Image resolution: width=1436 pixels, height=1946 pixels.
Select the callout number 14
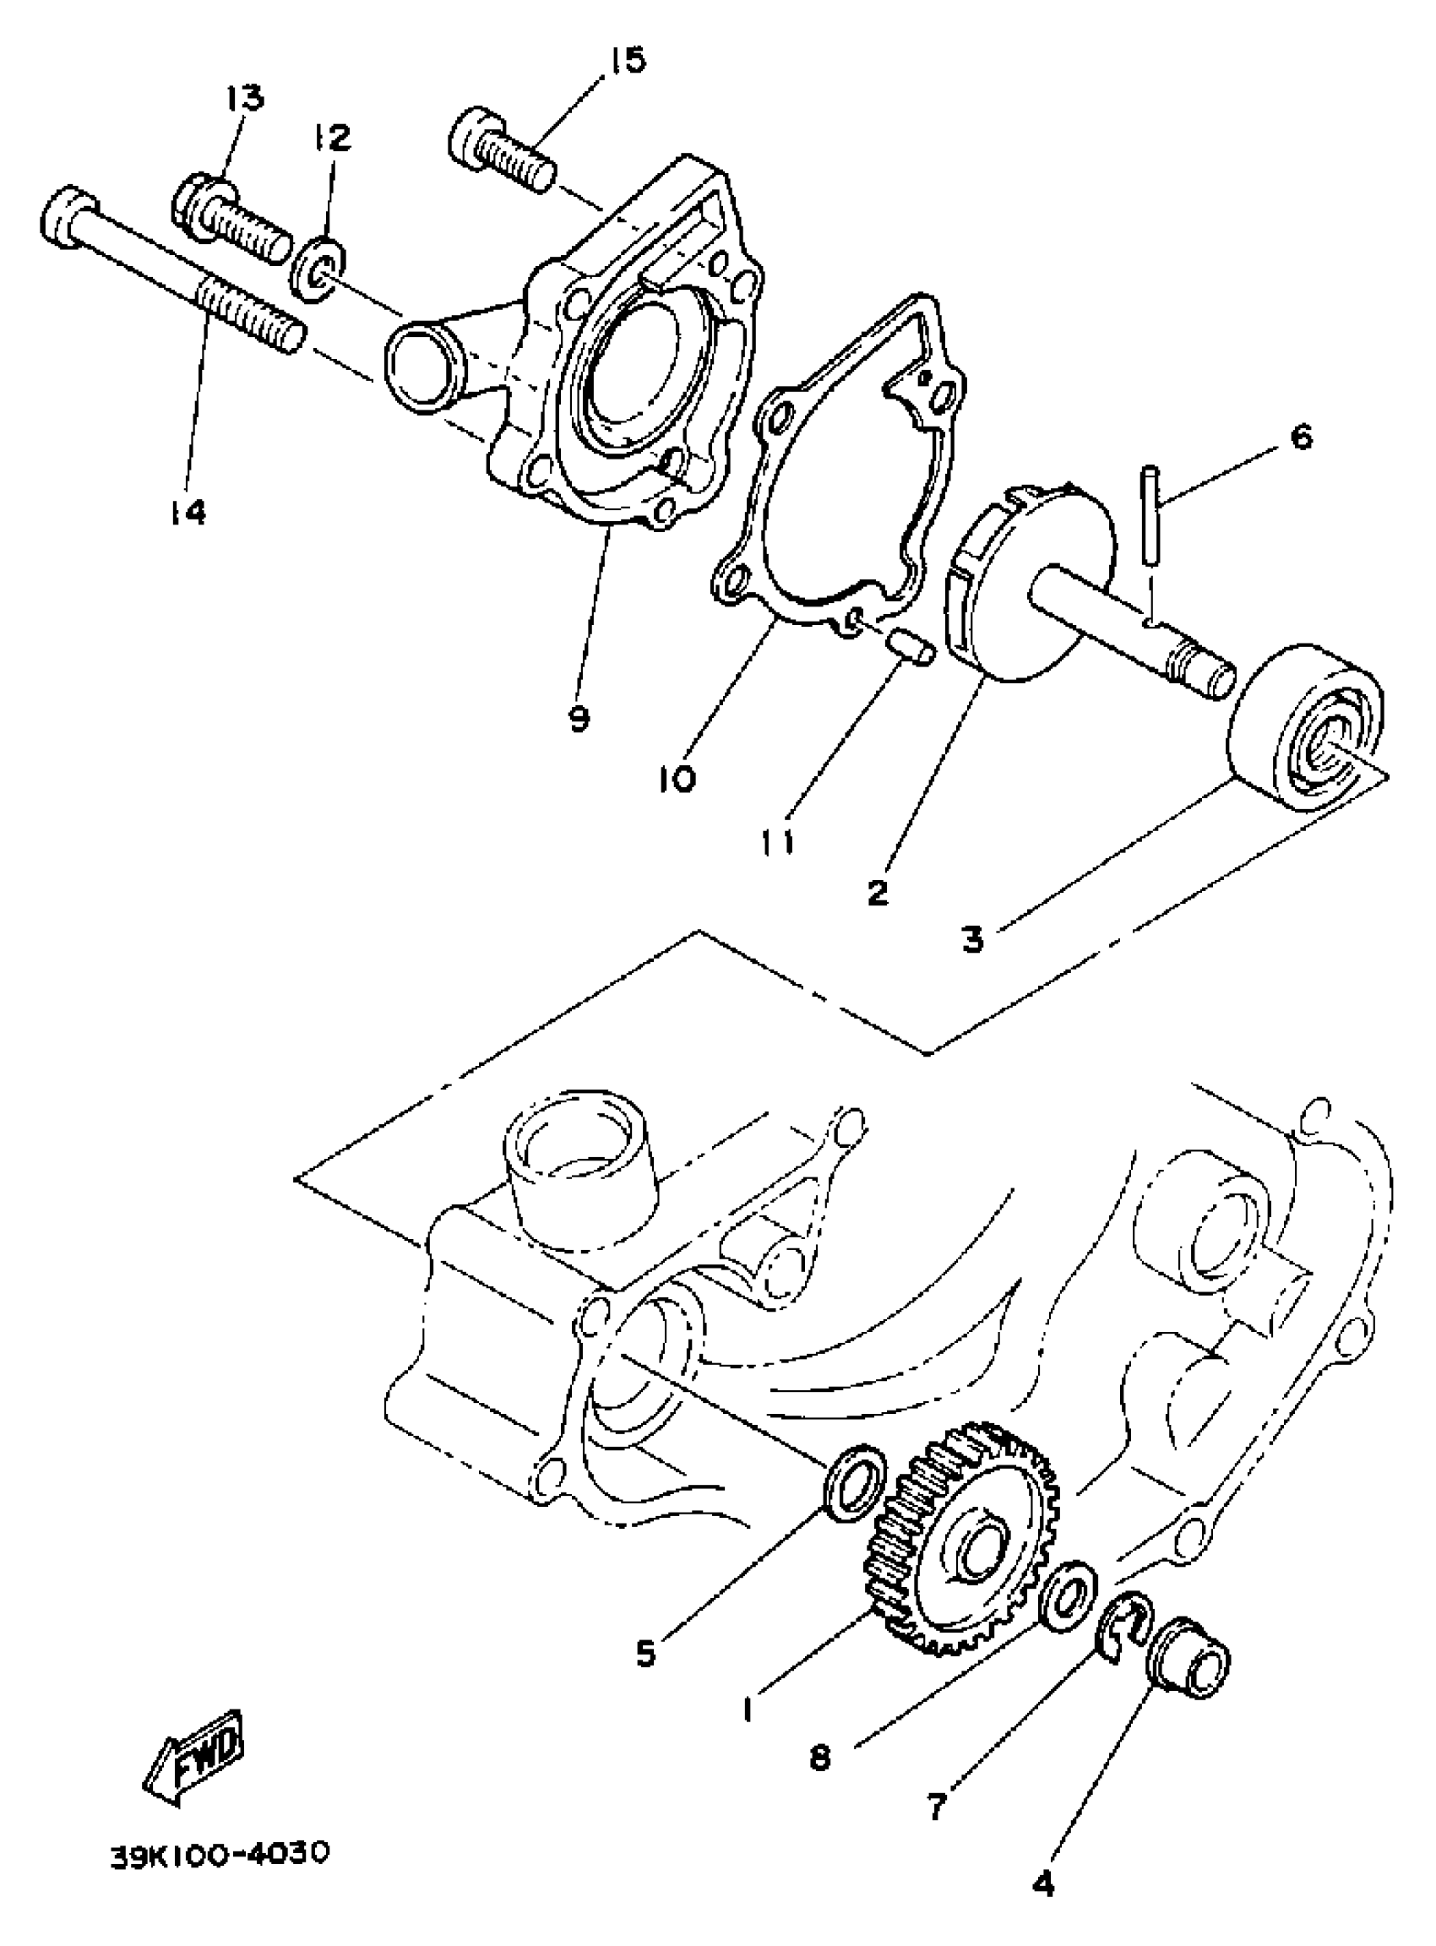tap(188, 512)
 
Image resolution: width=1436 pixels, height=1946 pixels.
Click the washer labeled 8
tap(1069, 1586)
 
